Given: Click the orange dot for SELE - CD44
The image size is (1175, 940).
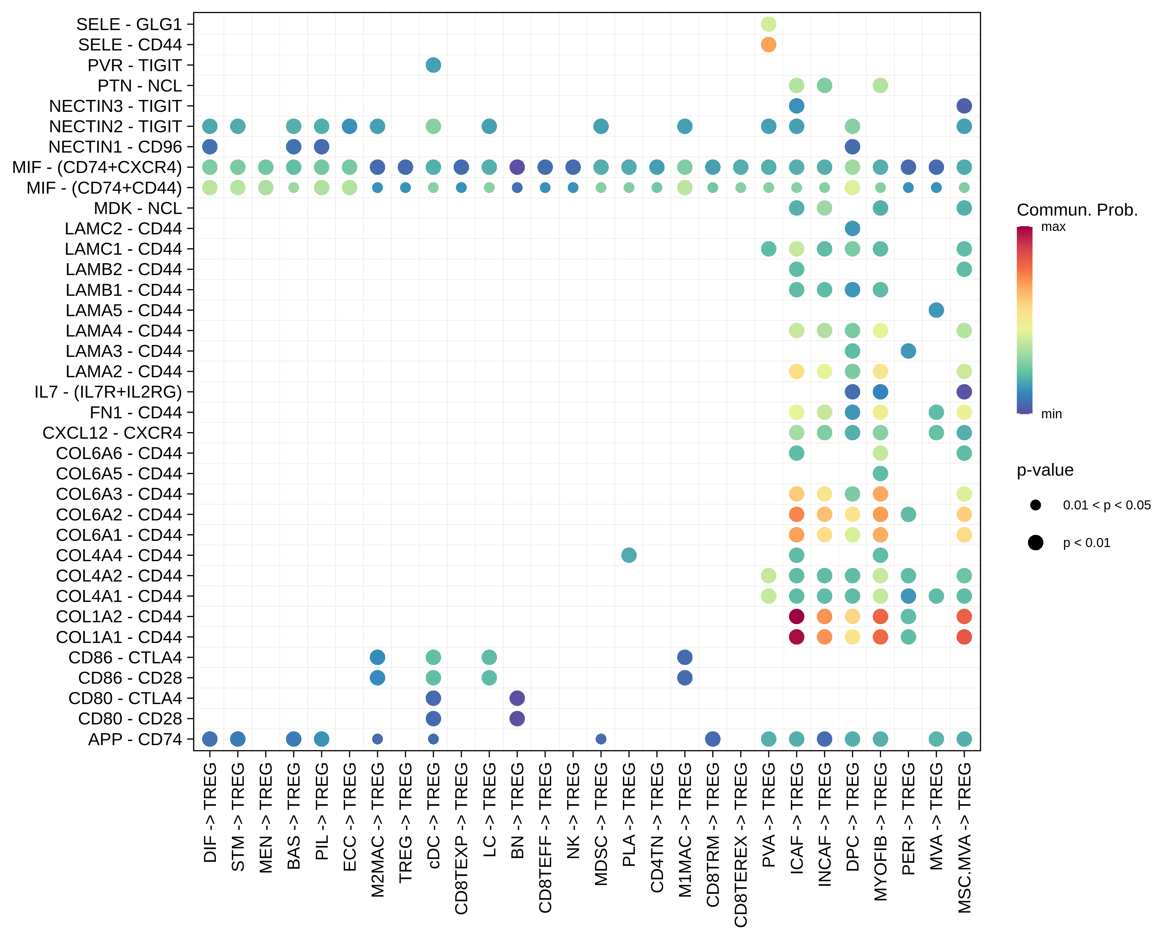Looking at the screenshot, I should (768, 45).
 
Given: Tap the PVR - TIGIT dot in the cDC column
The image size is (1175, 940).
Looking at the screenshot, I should (433, 65).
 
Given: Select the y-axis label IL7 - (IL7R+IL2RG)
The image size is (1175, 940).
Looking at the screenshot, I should (108, 392).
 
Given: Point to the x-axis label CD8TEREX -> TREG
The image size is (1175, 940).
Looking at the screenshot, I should (741, 845).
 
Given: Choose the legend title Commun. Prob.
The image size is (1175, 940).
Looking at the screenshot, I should (1077, 210).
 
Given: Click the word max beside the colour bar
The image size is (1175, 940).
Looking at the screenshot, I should (1053, 227).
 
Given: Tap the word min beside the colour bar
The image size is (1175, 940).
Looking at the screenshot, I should (1051, 414).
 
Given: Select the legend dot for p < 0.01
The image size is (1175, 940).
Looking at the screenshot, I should (1036, 543).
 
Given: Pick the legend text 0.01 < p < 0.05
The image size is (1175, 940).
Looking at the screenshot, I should (1106, 505).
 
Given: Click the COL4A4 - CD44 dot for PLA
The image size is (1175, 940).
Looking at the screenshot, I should (629, 555).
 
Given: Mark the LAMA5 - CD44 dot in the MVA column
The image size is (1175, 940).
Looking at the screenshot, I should (936, 310).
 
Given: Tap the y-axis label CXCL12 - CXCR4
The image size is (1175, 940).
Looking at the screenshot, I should (112, 433).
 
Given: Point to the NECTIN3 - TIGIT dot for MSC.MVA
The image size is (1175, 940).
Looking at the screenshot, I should (964, 106).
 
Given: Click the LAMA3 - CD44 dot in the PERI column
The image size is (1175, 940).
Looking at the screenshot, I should (908, 351).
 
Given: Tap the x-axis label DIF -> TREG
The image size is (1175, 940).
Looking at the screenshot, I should (210, 812).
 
